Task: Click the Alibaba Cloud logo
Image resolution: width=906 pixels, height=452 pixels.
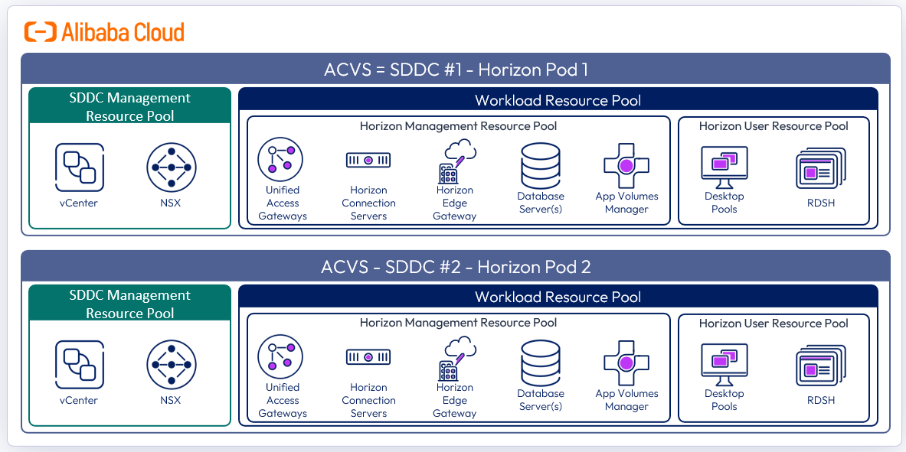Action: (x=104, y=32)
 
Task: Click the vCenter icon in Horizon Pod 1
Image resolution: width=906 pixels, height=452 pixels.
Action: (x=79, y=167)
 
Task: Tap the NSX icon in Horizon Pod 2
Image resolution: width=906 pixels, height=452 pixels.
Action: (x=171, y=364)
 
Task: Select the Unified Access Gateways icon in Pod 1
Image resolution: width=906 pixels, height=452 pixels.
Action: (x=280, y=159)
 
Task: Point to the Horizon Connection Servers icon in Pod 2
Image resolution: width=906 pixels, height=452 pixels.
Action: (x=368, y=357)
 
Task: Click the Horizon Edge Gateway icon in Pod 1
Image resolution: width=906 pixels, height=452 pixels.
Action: (x=456, y=160)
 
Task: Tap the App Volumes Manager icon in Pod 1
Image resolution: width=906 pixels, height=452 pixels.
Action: (x=626, y=164)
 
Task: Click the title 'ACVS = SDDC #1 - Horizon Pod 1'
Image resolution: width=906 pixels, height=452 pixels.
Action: (x=455, y=70)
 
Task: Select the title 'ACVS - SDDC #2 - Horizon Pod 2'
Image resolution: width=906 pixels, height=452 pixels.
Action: (x=455, y=267)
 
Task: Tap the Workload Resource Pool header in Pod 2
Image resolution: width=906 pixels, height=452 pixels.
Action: (x=558, y=297)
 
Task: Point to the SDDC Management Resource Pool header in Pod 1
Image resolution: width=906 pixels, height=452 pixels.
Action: (x=129, y=106)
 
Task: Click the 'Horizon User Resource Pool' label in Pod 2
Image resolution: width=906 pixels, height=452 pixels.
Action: (x=774, y=324)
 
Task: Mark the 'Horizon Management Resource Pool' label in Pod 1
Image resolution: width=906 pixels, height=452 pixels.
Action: (x=458, y=126)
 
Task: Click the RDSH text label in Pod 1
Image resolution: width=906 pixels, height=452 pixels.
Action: (x=820, y=203)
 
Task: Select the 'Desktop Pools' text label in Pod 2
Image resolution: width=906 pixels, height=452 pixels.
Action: (x=724, y=399)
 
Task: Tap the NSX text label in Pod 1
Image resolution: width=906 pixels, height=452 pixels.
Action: (x=171, y=203)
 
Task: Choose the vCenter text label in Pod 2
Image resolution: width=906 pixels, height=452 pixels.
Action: (x=79, y=400)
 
